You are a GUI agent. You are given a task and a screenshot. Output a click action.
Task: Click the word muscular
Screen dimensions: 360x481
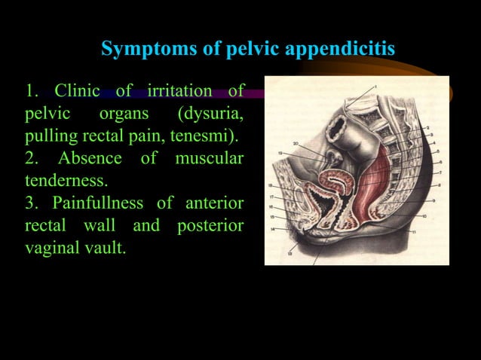tap(209, 159)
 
